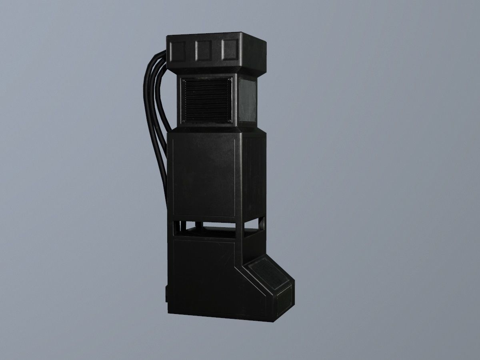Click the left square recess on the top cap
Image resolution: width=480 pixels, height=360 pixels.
177,51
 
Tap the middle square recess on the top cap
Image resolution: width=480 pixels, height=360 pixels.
203,50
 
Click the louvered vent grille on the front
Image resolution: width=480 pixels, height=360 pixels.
206,100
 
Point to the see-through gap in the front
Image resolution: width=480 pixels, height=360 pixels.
208,228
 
